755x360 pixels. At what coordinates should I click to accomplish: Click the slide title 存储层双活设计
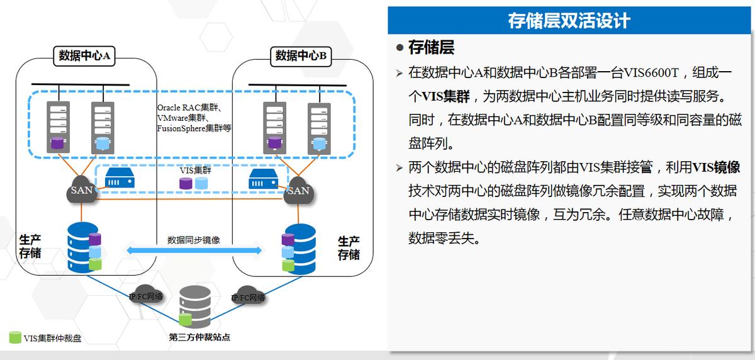coord(569,21)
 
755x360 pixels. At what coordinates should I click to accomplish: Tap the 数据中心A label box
coord(84,56)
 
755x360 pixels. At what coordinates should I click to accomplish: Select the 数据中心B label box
coord(301,56)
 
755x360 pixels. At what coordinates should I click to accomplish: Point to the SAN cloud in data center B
coord(297,189)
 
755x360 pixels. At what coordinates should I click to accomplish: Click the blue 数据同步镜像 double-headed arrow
coord(194,250)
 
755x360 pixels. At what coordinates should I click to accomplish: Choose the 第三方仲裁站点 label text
coord(199,337)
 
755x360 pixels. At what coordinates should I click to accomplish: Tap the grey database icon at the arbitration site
coord(195,307)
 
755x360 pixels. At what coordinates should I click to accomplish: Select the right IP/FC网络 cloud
coord(248,296)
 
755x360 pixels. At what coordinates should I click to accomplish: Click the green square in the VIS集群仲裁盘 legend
coord(15,338)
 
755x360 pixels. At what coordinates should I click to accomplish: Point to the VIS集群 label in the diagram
coord(195,170)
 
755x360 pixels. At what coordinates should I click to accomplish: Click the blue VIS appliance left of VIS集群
coord(119,177)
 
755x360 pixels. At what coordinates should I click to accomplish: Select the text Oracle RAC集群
coord(187,107)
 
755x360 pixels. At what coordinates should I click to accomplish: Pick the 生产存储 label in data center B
coord(349,248)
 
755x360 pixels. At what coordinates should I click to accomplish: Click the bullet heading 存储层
coord(431,47)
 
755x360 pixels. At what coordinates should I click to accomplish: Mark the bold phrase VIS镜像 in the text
coord(715,167)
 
